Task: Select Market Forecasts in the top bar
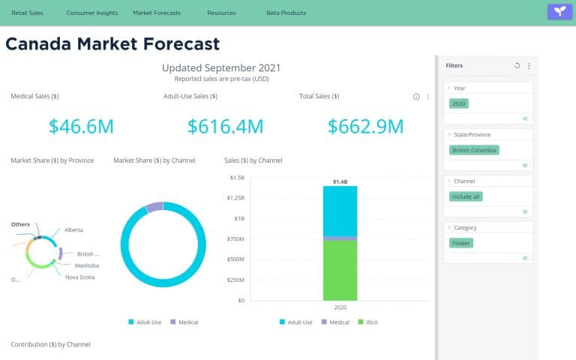[157, 13]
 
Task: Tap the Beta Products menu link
[286, 13]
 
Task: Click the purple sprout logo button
[559, 11]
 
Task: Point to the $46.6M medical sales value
[81, 126]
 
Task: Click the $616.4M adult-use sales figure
[225, 126]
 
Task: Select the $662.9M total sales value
[366, 126]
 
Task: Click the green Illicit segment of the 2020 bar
[340, 270]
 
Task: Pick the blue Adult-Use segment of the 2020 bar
[340, 211]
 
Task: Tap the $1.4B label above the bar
[340, 181]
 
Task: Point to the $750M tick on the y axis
[235, 238]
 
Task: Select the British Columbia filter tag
[474, 150]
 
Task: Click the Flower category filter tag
[460, 243]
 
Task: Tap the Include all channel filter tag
[466, 196]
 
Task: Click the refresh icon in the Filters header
[517, 66]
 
